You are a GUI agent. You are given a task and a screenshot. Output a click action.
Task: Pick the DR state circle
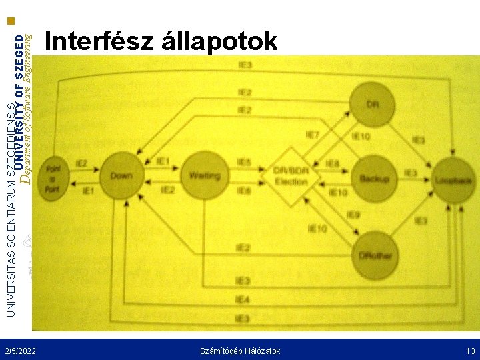tap(373, 104)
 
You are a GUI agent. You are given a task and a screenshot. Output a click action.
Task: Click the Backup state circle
tap(373, 179)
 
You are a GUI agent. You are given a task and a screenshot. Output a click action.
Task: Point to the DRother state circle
tap(374, 256)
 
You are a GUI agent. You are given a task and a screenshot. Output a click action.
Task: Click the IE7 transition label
tap(312, 135)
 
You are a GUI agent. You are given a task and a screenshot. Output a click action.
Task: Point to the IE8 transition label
tap(314, 163)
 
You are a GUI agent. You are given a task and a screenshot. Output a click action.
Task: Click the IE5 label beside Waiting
tap(244, 162)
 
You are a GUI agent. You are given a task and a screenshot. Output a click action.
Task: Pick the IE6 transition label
tap(244, 191)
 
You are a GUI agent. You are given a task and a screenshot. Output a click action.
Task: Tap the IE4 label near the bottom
tap(243, 300)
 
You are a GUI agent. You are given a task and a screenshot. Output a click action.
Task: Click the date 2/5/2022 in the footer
tap(20, 351)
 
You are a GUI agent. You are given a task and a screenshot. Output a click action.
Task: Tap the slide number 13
tap(471, 351)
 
